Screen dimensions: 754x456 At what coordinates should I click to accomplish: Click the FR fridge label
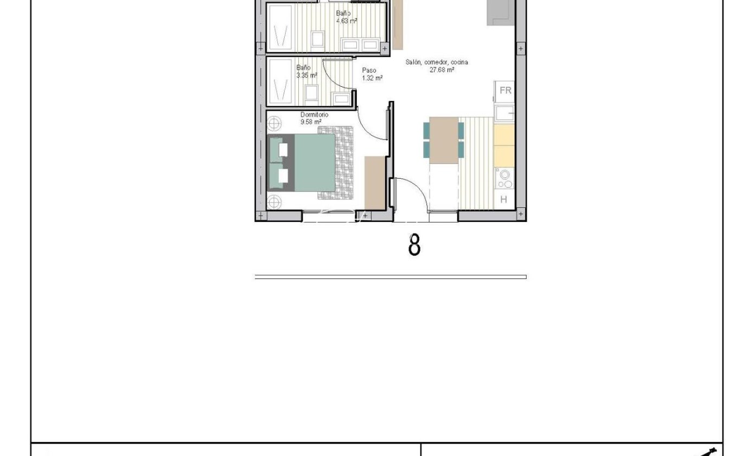click(x=505, y=90)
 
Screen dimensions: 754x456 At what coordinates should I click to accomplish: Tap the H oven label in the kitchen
click(x=503, y=200)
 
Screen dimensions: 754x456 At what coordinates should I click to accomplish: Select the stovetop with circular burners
click(x=504, y=179)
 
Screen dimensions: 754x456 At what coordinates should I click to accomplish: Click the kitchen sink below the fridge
click(x=504, y=113)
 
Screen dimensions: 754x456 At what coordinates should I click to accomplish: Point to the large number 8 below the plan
click(x=414, y=245)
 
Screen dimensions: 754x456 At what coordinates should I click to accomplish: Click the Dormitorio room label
click(x=314, y=115)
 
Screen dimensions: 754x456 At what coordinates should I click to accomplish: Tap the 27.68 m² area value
click(x=442, y=69)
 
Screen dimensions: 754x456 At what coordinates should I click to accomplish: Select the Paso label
click(x=369, y=71)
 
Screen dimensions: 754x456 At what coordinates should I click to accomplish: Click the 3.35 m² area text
click(x=306, y=75)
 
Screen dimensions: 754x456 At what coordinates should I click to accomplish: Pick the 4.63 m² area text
click(x=347, y=21)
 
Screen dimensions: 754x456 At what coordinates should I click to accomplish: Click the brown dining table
click(x=444, y=140)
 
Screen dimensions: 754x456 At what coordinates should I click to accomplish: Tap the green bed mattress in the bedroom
click(x=315, y=163)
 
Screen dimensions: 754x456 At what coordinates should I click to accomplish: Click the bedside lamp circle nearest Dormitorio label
click(x=274, y=123)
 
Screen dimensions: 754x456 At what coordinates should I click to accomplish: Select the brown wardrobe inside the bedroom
click(x=375, y=182)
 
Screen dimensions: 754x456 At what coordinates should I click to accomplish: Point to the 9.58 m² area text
click(x=311, y=122)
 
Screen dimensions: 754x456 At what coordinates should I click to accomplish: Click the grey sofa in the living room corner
click(x=501, y=12)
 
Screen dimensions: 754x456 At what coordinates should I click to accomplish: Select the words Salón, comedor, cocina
click(x=437, y=62)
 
